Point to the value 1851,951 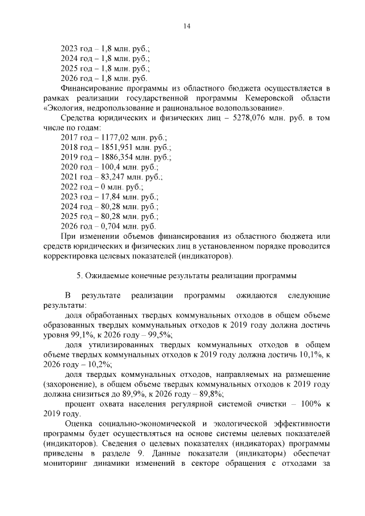coord(116,147)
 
